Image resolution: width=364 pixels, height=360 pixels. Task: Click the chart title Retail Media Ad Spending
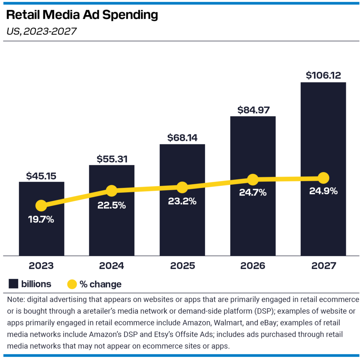point(82,15)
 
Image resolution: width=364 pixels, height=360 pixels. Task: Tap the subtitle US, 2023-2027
point(42,31)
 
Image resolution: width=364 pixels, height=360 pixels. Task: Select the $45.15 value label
point(41,176)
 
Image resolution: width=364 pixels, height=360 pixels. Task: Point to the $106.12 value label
point(323,76)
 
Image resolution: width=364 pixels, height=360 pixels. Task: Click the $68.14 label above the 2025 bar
point(182,138)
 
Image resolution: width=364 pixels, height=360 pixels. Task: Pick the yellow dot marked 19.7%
point(41,206)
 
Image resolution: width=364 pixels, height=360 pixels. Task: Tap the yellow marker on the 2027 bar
point(323,178)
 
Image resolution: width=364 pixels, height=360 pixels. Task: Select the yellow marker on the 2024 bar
point(112,191)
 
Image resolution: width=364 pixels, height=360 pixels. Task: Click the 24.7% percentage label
point(252,193)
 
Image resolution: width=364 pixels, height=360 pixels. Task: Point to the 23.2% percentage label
point(182,201)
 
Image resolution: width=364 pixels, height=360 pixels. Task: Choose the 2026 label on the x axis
point(252,266)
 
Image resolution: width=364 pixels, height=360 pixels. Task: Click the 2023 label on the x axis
point(41,266)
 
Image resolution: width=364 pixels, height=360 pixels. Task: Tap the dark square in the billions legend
point(14,284)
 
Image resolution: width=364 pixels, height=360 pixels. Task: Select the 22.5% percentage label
point(112,205)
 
